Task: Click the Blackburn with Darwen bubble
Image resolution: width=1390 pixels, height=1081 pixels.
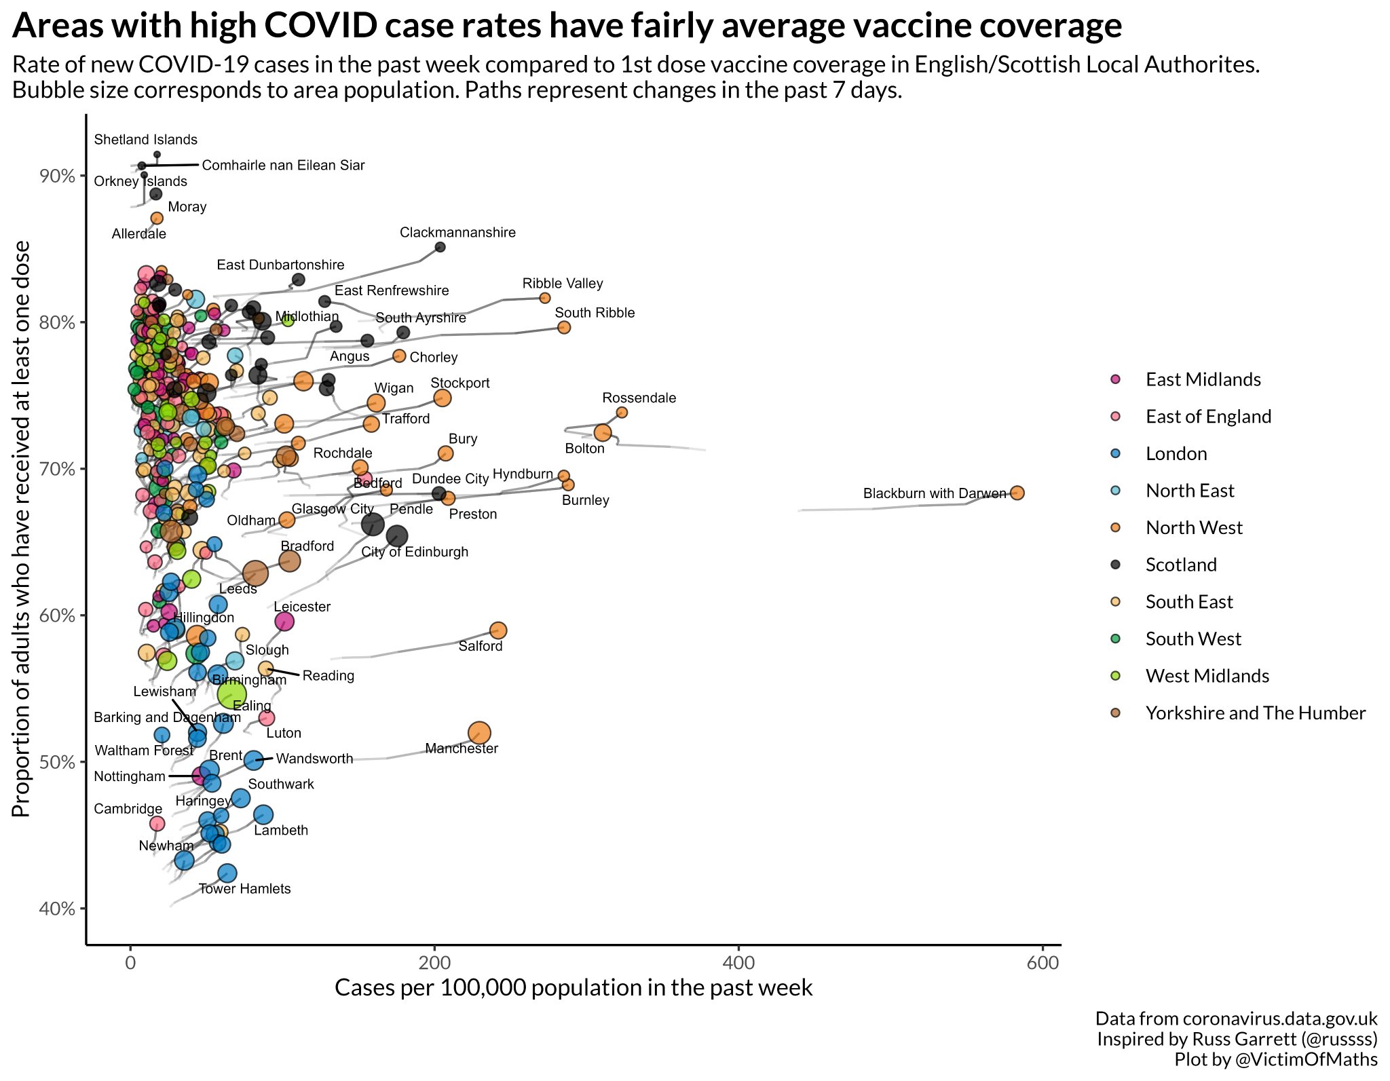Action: tap(1017, 493)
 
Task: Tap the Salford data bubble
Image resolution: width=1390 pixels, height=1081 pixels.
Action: tap(497, 630)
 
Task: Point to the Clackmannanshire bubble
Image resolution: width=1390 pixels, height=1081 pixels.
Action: tap(440, 247)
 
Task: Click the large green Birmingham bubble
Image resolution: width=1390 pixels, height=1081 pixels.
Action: tap(232, 694)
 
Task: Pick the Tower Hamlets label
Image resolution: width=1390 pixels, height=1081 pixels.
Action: tap(244, 889)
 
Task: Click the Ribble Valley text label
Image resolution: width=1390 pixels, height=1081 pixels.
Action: tap(563, 283)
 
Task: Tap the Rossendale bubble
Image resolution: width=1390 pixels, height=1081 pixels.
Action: tap(622, 413)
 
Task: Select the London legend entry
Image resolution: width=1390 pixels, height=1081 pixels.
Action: tap(1176, 453)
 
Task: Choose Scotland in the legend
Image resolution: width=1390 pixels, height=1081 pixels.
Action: tap(1180, 565)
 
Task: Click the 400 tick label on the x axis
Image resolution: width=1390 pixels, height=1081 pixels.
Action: tap(738, 963)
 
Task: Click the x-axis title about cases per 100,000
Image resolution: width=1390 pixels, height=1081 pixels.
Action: tap(574, 987)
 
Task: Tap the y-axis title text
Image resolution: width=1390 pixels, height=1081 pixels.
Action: tap(22, 529)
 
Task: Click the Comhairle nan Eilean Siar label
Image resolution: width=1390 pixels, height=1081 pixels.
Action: tap(283, 166)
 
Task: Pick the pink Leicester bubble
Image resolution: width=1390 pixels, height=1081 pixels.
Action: tap(284, 621)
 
